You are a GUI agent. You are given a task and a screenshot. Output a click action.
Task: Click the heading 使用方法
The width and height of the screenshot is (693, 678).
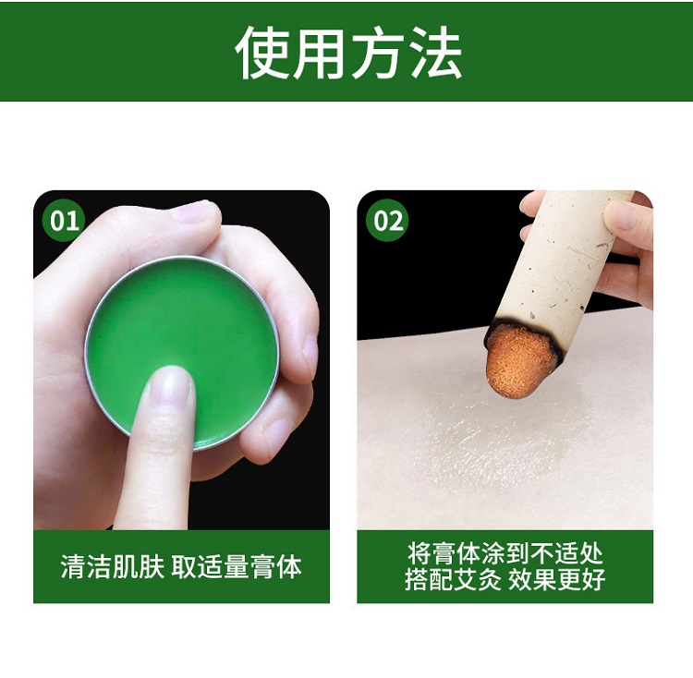348,53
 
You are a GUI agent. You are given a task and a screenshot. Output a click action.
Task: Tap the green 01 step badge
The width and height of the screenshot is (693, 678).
64,221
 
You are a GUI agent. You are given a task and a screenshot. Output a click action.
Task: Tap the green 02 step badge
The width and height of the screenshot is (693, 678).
387,221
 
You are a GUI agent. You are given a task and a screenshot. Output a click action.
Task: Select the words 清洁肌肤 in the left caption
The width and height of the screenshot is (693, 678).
112,566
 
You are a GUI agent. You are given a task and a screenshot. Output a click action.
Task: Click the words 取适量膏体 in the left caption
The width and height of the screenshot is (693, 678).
237,566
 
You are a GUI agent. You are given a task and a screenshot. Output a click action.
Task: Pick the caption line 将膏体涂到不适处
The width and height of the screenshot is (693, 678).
505,553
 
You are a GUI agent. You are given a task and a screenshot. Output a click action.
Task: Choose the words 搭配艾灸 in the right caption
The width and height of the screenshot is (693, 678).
453,580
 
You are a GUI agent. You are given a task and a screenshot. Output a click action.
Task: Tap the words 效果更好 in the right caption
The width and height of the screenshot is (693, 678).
557,580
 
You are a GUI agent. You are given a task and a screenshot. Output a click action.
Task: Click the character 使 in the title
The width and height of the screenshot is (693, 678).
262,53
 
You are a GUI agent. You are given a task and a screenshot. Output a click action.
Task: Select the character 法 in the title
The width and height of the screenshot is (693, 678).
435,53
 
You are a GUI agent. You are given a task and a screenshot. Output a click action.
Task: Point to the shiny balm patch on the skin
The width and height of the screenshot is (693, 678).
491,442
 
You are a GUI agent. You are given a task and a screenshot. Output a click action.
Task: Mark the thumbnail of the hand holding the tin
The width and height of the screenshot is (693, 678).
194,212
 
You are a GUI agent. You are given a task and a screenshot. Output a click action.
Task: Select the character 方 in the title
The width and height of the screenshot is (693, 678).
378,53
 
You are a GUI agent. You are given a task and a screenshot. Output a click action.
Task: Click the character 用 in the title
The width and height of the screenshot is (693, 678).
319,53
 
